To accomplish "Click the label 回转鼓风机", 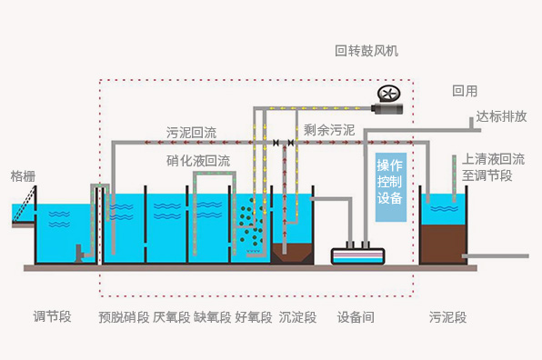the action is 366,51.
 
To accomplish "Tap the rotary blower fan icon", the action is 388,94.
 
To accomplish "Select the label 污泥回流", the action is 191,133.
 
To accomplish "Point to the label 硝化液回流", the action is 198,161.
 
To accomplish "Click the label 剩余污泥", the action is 329,130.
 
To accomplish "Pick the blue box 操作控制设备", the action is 391,187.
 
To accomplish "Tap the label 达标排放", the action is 501,116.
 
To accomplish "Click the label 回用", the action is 465,91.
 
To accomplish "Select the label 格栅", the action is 23,175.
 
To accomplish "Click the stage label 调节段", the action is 52,316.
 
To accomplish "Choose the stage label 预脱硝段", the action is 124,316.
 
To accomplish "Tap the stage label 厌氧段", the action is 172,316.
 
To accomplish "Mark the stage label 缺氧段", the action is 212,316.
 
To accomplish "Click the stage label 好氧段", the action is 254,316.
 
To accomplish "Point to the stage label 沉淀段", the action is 297,316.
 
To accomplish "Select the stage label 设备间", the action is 356,316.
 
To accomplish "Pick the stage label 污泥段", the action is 447,316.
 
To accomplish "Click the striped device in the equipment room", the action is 357,256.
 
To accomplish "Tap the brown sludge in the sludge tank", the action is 443,245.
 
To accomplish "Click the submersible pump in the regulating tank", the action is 79,254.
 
